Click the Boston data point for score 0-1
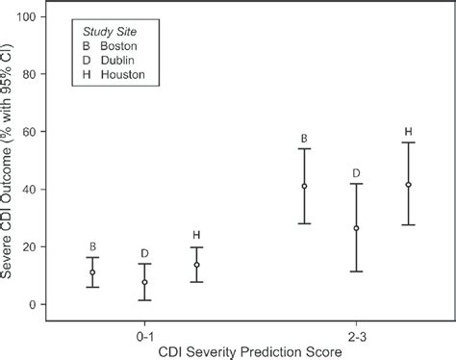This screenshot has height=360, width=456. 92,272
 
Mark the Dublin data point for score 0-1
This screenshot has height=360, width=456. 144,283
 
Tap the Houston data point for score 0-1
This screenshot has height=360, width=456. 197,265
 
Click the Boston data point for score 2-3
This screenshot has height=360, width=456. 304,186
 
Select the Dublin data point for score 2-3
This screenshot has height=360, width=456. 356,228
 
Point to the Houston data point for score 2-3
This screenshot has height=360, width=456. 409,185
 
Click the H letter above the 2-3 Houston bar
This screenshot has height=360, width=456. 409,131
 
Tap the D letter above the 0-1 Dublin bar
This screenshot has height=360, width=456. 144,252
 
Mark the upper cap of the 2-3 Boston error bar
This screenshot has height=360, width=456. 304,148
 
